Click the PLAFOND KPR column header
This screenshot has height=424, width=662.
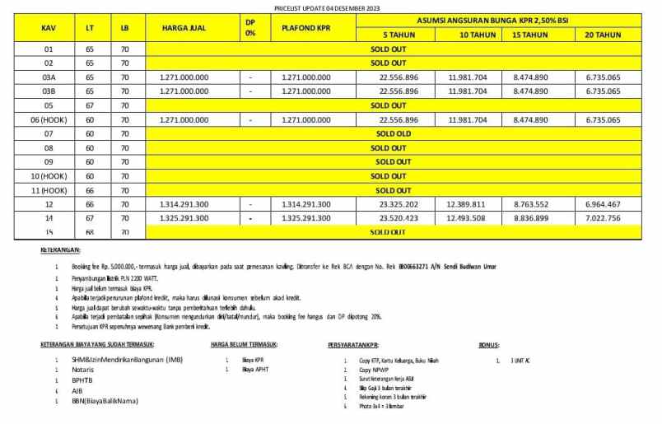pos(306,28)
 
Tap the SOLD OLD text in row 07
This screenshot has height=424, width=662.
pos(393,133)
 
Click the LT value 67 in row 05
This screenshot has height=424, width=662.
pos(89,105)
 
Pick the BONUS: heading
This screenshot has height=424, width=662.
pos(492,345)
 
